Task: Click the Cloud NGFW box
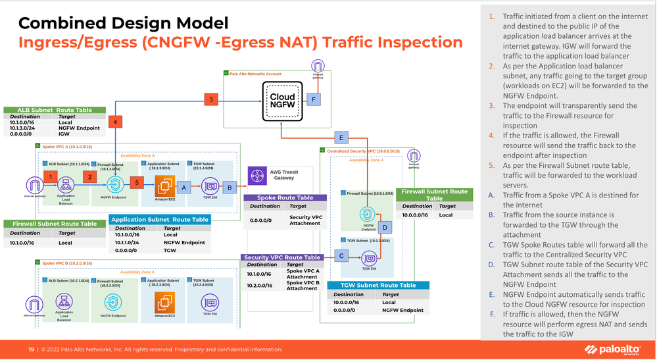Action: (282, 100)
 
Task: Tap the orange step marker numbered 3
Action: (210, 99)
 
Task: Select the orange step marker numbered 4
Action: (114, 122)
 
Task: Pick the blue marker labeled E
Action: (341, 138)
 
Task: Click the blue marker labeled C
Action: (341, 255)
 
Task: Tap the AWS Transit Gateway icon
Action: (256, 176)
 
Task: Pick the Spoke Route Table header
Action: (285, 197)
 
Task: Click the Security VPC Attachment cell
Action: (305, 220)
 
